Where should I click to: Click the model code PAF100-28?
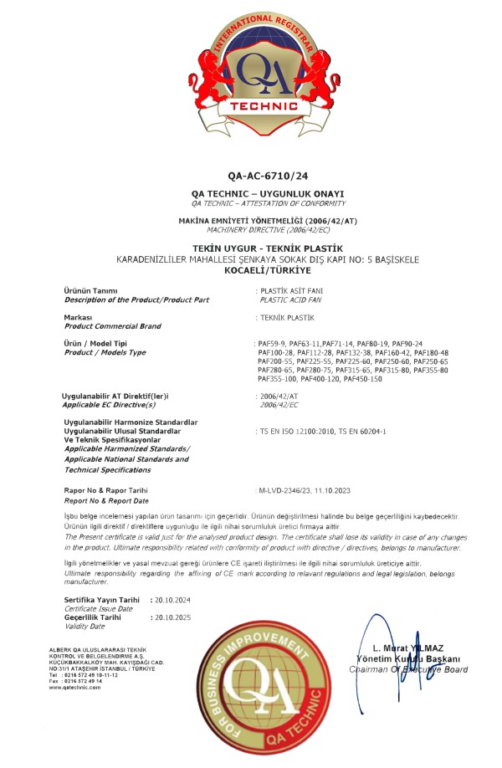(277, 353)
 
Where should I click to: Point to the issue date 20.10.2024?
(172, 600)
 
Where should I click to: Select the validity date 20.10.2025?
(172, 617)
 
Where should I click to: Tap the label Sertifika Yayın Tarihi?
(101, 600)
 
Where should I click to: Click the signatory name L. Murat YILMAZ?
(408, 648)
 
